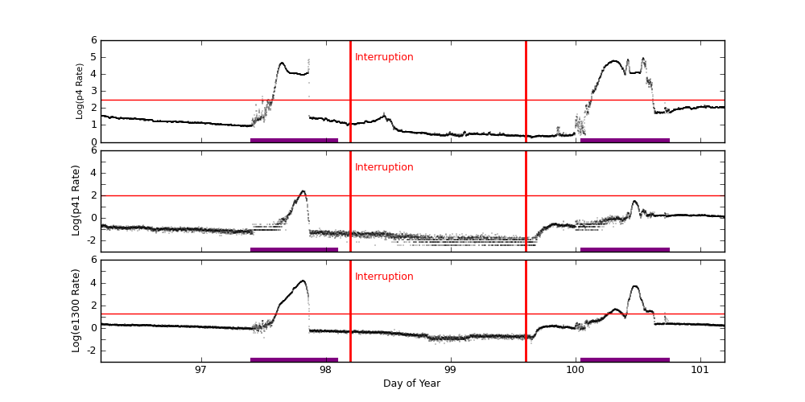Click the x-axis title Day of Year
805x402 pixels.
click(x=411, y=384)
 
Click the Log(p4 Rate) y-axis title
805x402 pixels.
click(x=80, y=91)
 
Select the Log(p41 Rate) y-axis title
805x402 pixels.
click(x=76, y=200)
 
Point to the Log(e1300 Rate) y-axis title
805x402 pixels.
click(x=76, y=310)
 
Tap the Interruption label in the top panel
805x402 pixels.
click(x=384, y=57)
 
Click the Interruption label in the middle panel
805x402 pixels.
click(x=384, y=167)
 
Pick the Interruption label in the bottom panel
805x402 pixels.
click(x=384, y=277)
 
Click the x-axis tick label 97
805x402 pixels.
click(x=200, y=370)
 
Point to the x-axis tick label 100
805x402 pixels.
click(x=575, y=370)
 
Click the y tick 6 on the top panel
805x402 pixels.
click(x=93, y=40)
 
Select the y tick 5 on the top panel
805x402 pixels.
click(x=93, y=57)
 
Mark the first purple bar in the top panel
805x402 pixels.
click(x=294, y=140)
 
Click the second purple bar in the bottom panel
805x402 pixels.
click(x=625, y=359)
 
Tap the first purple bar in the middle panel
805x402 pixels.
click(x=294, y=249)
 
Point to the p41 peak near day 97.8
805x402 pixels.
click(x=303, y=191)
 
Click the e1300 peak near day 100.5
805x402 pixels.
click(x=635, y=286)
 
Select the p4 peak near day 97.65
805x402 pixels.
click(x=282, y=63)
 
